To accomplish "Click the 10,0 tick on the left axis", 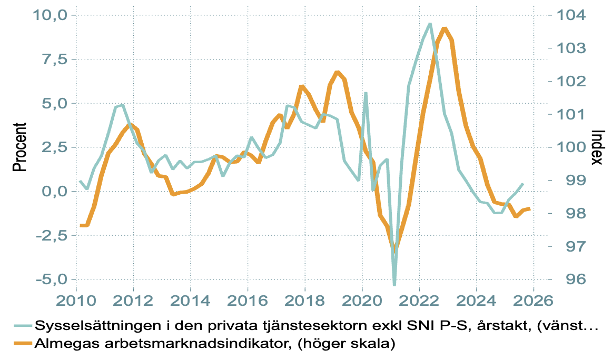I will pyautogui.click(x=51, y=15).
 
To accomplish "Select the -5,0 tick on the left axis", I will pyautogui.click(x=51, y=279).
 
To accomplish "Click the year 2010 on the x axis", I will pyautogui.click(x=76, y=301).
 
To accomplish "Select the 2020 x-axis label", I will pyautogui.click(x=362, y=301).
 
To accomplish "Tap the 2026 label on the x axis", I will pyautogui.click(x=533, y=301).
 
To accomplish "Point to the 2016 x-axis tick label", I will pyautogui.click(x=248, y=301).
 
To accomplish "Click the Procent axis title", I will pyautogui.click(x=19, y=147).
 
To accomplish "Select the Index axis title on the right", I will pyautogui.click(x=596, y=147).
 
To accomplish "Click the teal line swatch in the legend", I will pyautogui.click(x=20, y=325).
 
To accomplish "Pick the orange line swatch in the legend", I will pyautogui.click(x=20, y=344).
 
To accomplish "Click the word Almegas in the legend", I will pyautogui.click(x=60, y=344).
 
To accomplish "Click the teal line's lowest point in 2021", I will pyautogui.click(x=394, y=285).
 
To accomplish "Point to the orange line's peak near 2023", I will pyautogui.click(x=445, y=29).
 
